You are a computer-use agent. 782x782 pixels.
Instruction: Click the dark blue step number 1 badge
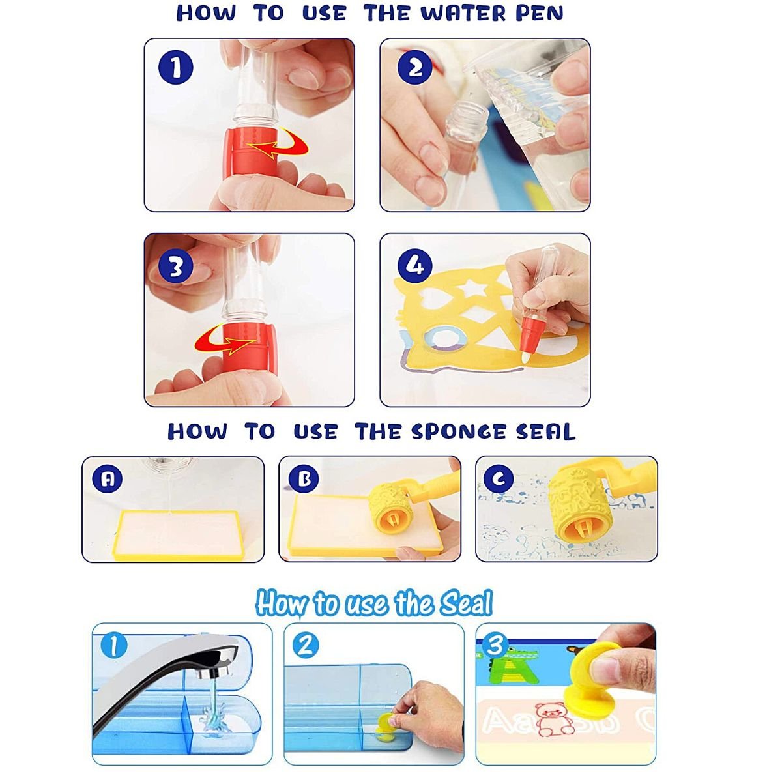(x=175, y=67)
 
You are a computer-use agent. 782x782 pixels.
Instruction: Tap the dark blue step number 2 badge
(x=414, y=67)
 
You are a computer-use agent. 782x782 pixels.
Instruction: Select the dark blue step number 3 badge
(x=175, y=267)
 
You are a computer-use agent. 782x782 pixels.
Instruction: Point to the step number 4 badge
(x=414, y=267)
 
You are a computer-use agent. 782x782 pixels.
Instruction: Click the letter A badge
(x=107, y=479)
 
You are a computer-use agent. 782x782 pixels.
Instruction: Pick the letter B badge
(x=304, y=479)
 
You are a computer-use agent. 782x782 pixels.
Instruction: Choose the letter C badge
(x=499, y=479)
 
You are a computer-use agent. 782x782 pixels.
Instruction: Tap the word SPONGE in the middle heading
(x=459, y=431)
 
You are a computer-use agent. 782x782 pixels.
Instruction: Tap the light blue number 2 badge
(x=305, y=646)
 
